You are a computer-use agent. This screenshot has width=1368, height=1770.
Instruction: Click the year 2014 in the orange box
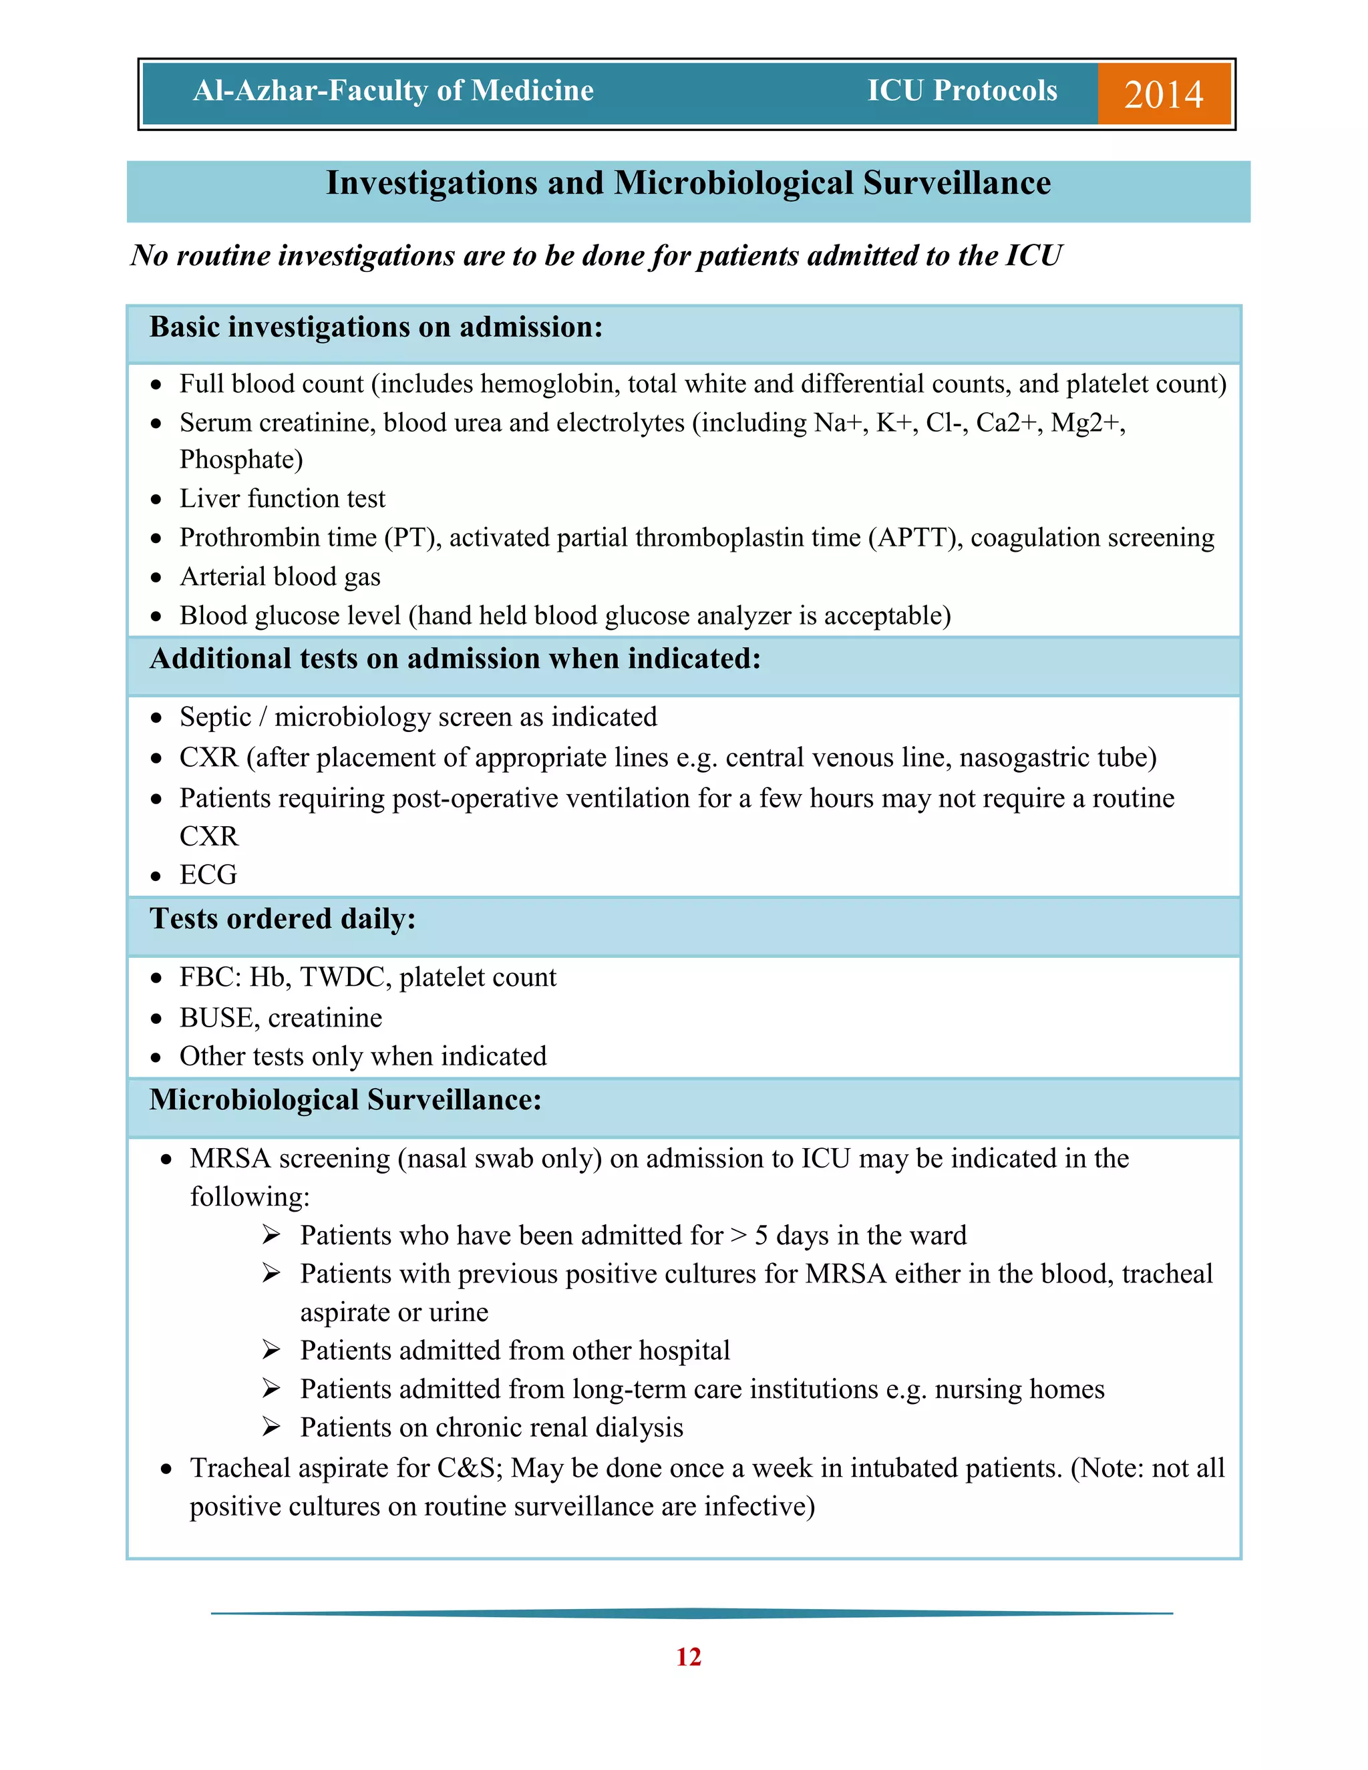click(1163, 94)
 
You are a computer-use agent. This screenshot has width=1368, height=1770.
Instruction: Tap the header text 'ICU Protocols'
click(962, 91)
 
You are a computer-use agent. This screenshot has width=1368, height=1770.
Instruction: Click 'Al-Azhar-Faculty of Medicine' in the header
click(393, 91)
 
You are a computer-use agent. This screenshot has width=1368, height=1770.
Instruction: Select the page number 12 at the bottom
click(688, 1656)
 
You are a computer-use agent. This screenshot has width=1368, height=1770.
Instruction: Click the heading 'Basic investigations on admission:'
click(376, 327)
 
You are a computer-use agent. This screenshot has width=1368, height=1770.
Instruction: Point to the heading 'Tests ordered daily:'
click(282, 919)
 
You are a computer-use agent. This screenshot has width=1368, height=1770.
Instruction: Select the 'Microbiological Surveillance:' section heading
click(345, 1100)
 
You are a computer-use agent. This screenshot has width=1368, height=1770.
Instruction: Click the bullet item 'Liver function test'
click(282, 498)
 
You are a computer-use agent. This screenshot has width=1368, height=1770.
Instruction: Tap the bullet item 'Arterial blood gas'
click(280, 577)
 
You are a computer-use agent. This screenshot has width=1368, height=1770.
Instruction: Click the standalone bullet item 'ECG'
click(208, 875)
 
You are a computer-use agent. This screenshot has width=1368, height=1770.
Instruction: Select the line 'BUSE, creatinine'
click(281, 1018)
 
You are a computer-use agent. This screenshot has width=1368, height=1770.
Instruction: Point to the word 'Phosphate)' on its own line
click(240, 460)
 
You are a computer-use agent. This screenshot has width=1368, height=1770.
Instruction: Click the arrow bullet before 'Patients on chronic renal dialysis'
click(271, 1427)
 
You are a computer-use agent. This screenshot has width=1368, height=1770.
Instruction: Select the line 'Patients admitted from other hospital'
click(514, 1350)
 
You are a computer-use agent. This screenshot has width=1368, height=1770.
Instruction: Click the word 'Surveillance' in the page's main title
click(957, 183)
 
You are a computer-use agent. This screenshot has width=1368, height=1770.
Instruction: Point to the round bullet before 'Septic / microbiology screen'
click(156, 718)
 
